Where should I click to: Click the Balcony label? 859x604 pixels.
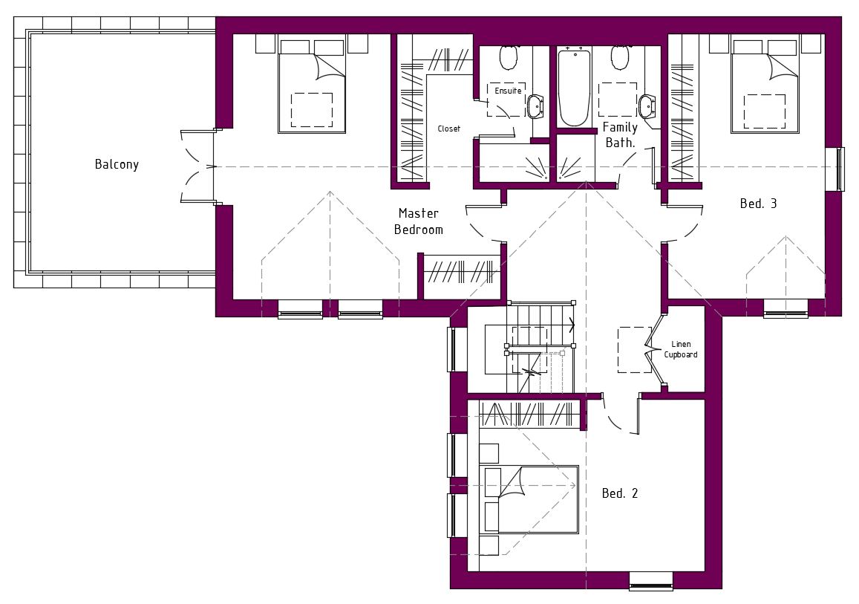coord(117,164)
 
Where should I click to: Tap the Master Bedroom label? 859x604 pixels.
coord(419,221)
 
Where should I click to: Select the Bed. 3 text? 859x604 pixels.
coord(758,204)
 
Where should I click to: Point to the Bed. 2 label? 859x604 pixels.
coord(620,493)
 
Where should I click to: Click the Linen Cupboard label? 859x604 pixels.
coord(681,349)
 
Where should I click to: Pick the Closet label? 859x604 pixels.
coord(448,129)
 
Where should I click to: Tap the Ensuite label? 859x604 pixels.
coord(508,91)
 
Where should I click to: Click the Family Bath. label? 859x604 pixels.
coord(620,134)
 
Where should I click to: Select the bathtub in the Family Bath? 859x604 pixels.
coord(574,88)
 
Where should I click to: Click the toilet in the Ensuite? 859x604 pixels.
coord(509,56)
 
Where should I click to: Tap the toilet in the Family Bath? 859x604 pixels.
coord(620,56)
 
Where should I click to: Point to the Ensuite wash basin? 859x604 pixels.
coord(535,106)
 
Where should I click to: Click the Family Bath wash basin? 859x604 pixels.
coord(647,106)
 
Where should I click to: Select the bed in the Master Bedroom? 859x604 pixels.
coord(312,84)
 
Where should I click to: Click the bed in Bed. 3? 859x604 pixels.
coord(765,84)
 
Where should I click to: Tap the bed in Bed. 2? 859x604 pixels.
coord(529,500)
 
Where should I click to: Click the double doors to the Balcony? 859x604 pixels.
coord(197,166)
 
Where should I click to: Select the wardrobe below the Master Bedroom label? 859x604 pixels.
coord(462,270)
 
